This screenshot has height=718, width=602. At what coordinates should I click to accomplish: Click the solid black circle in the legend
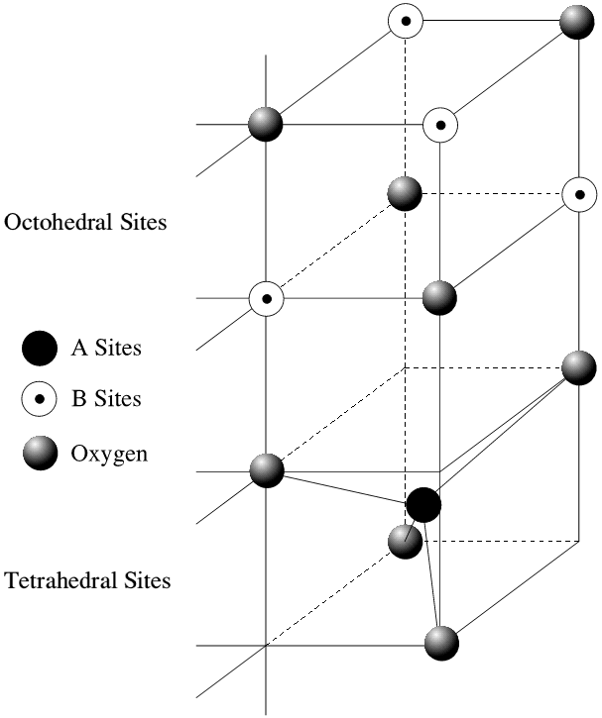point(38,349)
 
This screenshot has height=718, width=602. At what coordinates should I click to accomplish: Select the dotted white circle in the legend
point(38,400)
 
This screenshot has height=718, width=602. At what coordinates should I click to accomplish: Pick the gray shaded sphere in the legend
point(38,455)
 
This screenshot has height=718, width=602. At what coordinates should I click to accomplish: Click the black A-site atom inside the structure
point(423,504)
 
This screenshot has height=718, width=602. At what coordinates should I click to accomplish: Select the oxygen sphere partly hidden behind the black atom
point(403,541)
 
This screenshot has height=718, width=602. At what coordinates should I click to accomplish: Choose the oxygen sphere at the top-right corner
point(577,21)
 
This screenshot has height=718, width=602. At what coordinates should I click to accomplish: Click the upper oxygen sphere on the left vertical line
point(266,125)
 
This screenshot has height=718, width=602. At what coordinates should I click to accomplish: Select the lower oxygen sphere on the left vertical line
point(266,470)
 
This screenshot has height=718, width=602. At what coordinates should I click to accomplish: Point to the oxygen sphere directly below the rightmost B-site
point(578,367)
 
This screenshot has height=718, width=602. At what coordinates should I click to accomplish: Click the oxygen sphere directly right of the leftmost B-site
point(439,297)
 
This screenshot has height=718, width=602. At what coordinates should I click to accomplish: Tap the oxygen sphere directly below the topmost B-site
point(404,193)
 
